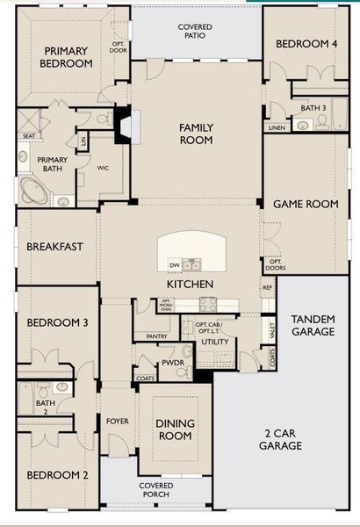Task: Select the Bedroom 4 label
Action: click(306, 44)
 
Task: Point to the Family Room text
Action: click(196, 134)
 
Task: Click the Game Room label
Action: click(306, 204)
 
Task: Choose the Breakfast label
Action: click(54, 247)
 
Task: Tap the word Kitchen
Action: click(191, 285)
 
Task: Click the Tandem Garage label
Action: click(313, 325)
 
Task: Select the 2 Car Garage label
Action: click(281, 439)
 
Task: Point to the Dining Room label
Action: click(175, 430)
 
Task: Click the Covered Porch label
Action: click(155, 490)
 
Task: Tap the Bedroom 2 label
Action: click(57, 475)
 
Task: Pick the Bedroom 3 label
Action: click(57, 322)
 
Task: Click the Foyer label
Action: click(118, 422)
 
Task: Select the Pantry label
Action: click(157, 336)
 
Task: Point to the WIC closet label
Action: click(103, 167)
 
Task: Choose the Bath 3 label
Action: click(313, 108)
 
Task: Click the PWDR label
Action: click(172, 362)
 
